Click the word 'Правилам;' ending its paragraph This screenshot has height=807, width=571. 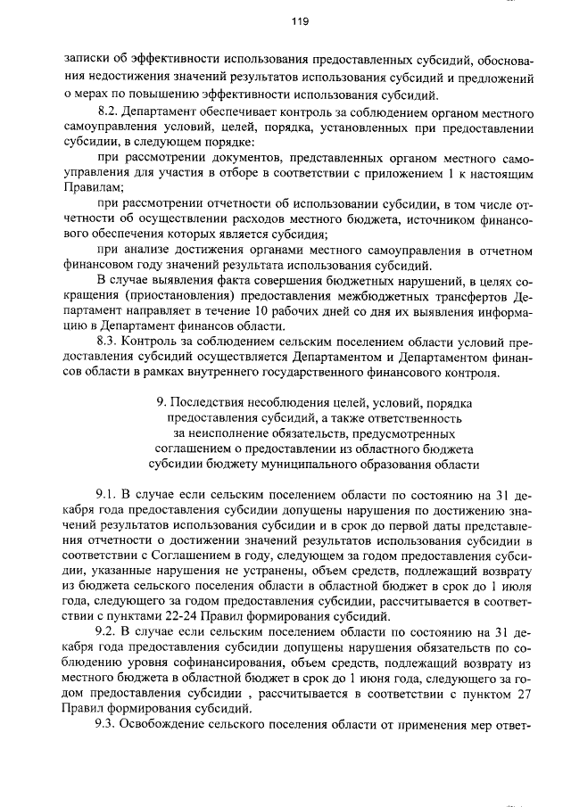(x=90, y=189)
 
